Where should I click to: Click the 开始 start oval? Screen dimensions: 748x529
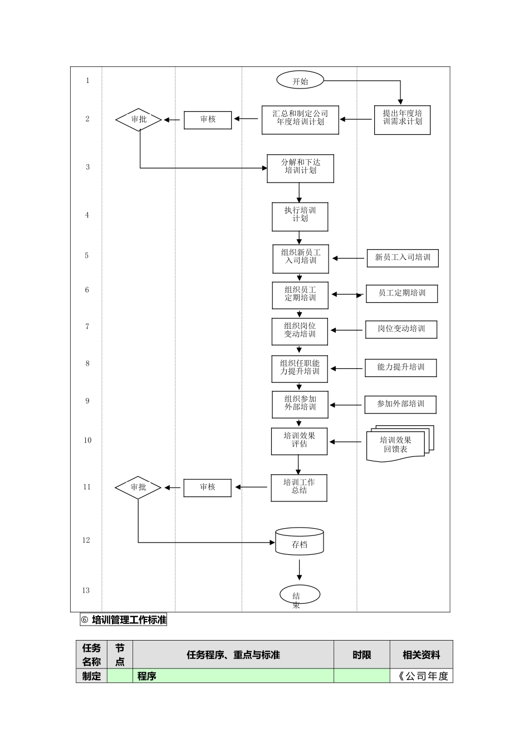(300, 81)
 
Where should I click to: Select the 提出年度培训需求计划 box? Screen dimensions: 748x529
(402, 119)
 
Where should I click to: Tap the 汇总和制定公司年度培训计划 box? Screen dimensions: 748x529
(300, 119)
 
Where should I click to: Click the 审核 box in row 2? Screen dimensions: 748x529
(208, 120)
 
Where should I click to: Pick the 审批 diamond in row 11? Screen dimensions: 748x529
(138, 488)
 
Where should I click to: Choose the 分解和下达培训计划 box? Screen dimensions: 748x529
(300, 168)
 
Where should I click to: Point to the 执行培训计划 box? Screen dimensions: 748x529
(300, 216)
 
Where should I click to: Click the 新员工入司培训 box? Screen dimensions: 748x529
(402, 258)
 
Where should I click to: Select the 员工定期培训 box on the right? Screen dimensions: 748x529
(401, 293)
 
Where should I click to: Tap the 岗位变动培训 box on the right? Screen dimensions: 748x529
(401, 329)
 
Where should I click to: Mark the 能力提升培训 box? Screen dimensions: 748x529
(400, 367)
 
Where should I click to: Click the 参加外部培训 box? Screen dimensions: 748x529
(400, 404)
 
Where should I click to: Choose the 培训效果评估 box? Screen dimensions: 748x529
(299, 441)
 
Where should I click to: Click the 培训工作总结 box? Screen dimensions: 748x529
(299, 487)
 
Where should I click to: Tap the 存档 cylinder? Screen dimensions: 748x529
(300, 541)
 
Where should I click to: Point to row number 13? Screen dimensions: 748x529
(86, 590)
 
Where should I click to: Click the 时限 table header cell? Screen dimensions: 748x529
(362, 655)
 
